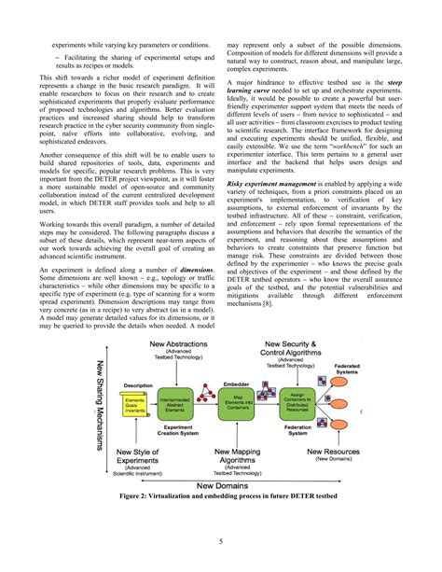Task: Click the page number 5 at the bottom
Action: click(x=220, y=540)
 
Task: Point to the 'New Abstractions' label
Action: click(x=180, y=347)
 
